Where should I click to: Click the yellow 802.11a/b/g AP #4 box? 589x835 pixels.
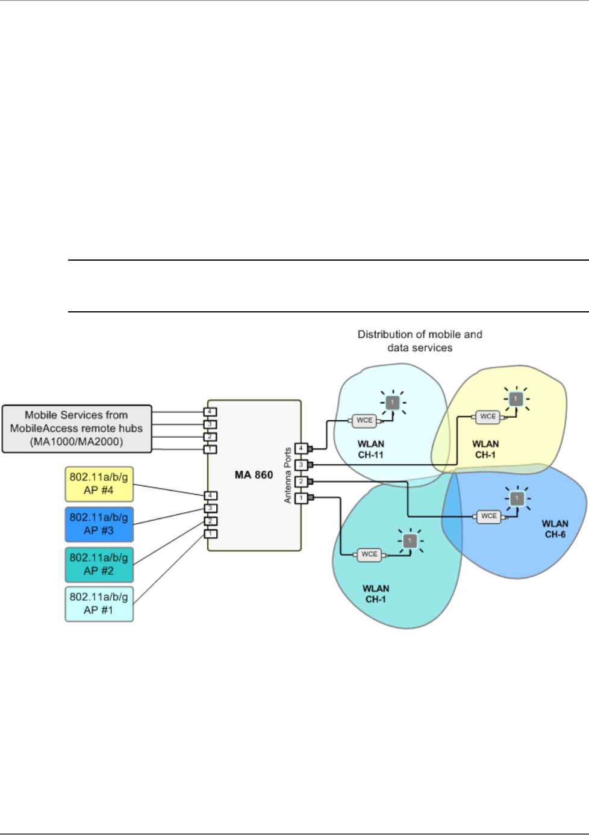click(x=99, y=484)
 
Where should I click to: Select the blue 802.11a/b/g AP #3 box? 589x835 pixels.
click(x=99, y=524)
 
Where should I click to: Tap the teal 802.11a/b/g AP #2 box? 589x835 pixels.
click(x=99, y=564)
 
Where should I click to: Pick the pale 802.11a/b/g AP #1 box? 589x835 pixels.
click(x=99, y=604)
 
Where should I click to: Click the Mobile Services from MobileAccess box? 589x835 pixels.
click(x=77, y=429)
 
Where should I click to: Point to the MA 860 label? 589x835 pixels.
click(x=254, y=475)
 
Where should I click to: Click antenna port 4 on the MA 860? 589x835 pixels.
click(x=301, y=449)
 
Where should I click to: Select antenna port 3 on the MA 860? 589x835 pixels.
click(x=301, y=465)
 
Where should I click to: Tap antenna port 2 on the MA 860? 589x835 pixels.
click(x=301, y=481)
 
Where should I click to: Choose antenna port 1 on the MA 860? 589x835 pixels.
click(x=301, y=498)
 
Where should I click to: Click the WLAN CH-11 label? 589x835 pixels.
click(x=371, y=449)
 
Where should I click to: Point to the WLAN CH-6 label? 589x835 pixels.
click(x=555, y=529)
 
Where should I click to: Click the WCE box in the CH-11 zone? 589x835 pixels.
click(x=364, y=421)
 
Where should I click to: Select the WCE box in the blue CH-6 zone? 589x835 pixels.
click(x=488, y=517)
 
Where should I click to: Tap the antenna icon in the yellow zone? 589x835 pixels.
click(x=516, y=399)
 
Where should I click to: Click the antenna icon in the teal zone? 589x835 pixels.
click(x=410, y=541)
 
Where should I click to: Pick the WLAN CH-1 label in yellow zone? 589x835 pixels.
click(x=485, y=449)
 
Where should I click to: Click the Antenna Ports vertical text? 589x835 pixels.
click(x=288, y=475)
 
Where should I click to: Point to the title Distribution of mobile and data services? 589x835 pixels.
click(x=420, y=341)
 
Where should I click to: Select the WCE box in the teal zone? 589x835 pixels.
click(x=369, y=554)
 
